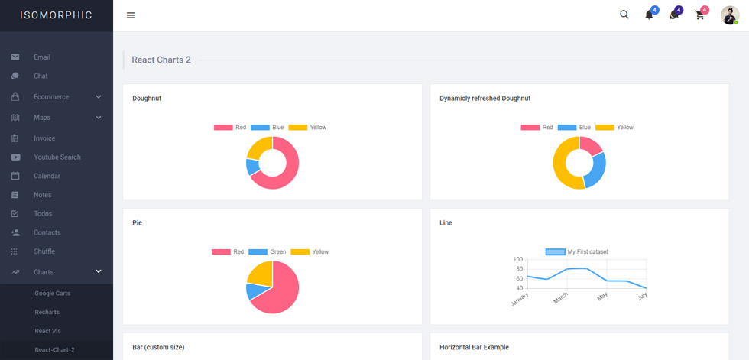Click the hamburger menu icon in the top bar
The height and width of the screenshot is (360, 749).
tap(131, 15)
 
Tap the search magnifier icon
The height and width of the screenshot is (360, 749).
tap(624, 15)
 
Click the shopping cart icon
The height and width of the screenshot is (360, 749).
tap(700, 15)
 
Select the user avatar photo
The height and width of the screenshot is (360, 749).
tap(730, 15)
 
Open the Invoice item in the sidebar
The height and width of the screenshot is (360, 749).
tap(44, 138)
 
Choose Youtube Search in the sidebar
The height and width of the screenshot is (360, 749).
tap(57, 157)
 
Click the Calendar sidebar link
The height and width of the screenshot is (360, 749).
tap(47, 176)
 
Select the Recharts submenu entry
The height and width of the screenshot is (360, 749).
tap(47, 312)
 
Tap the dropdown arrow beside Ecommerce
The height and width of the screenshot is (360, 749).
tap(99, 97)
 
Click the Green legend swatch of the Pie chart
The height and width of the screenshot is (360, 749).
tap(258, 251)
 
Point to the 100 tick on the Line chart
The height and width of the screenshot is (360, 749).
tap(518, 259)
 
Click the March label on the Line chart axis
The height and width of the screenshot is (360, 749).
tap(561, 297)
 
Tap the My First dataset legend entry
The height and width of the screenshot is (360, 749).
tap(576, 251)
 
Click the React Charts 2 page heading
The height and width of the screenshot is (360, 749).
tap(161, 60)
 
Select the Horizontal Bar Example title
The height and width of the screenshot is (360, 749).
tap(474, 347)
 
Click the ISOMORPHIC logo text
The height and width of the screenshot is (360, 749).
tap(57, 15)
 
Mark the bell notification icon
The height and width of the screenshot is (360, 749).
tap(649, 15)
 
